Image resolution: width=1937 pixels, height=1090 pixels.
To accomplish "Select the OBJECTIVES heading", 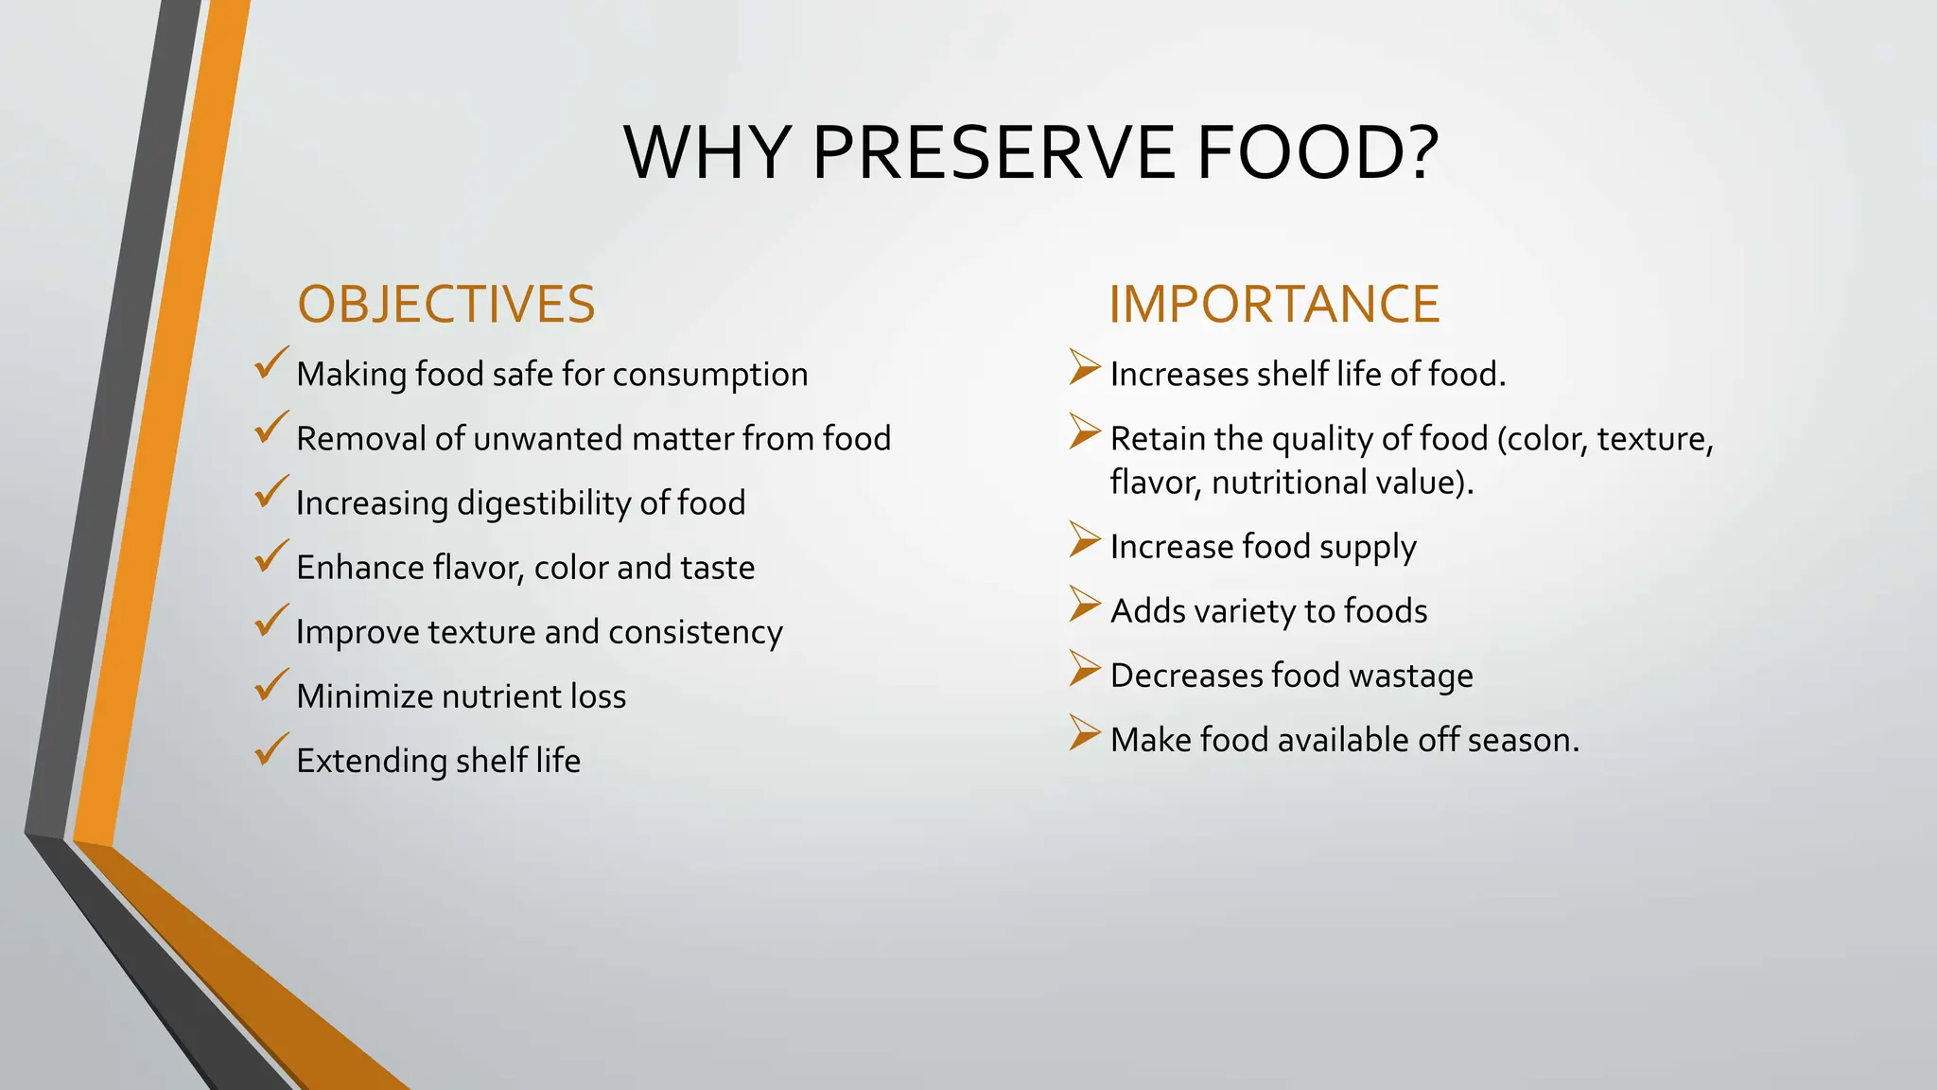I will (x=446, y=305).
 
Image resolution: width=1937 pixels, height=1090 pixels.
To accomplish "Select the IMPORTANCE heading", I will (x=1274, y=305).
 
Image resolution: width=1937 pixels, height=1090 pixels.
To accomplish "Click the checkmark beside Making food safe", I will (x=271, y=364).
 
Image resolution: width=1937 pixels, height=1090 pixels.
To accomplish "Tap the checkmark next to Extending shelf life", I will (x=271, y=750).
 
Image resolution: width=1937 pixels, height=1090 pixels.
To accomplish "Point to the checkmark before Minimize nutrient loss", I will (x=271, y=686).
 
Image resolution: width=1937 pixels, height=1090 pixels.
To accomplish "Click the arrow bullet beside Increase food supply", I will (x=1085, y=539).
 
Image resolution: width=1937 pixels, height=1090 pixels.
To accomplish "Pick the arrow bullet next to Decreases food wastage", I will (x=1085, y=668).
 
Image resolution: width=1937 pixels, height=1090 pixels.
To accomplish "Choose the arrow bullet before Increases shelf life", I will (x=1085, y=367).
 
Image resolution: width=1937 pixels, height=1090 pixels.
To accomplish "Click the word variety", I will (x=1244, y=612).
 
